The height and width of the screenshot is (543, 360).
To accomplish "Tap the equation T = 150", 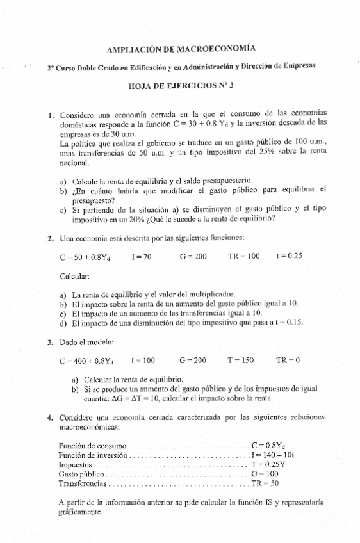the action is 241,361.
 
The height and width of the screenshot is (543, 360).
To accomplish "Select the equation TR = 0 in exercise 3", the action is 288,361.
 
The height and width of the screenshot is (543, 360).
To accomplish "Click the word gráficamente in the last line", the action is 79,513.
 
